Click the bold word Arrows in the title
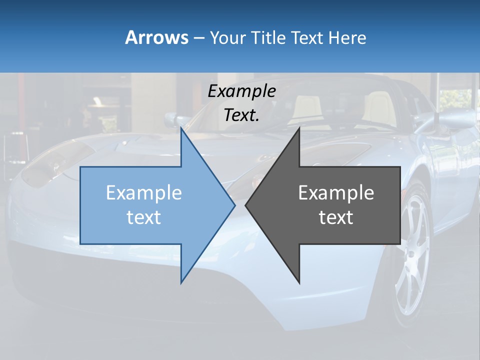coord(157,37)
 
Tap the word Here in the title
coord(347,37)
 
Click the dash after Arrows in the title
coord(198,38)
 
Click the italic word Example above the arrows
coord(241,91)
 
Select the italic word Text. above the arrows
coord(241,115)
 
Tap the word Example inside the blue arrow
coord(144,192)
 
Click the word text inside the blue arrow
coord(144,217)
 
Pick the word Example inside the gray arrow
coord(336,192)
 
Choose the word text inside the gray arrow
coord(336,217)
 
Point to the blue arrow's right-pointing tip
coord(234,205)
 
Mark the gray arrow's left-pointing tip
coord(246,205)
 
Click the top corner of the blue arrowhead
coord(181,129)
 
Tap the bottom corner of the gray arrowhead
coord(299,282)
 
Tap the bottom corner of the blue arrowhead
coord(181,282)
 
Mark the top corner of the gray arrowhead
coord(299,129)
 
